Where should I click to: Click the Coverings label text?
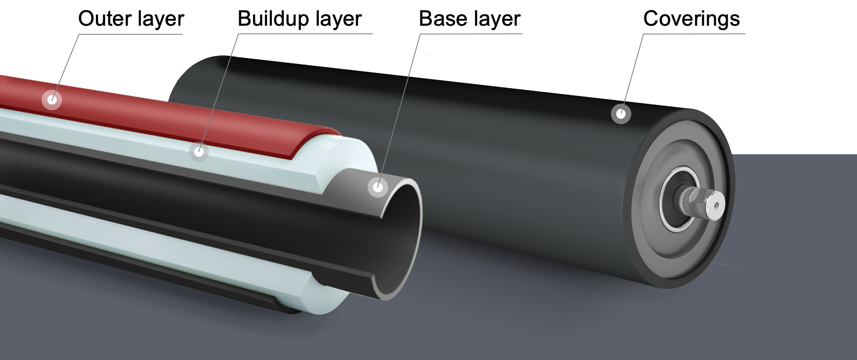click(691, 19)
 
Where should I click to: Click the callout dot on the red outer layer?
click(52, 99)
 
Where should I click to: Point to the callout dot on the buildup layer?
click(199, 152)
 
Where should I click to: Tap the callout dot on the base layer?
click(378, 187)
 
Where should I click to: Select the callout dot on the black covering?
click(621, 113)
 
